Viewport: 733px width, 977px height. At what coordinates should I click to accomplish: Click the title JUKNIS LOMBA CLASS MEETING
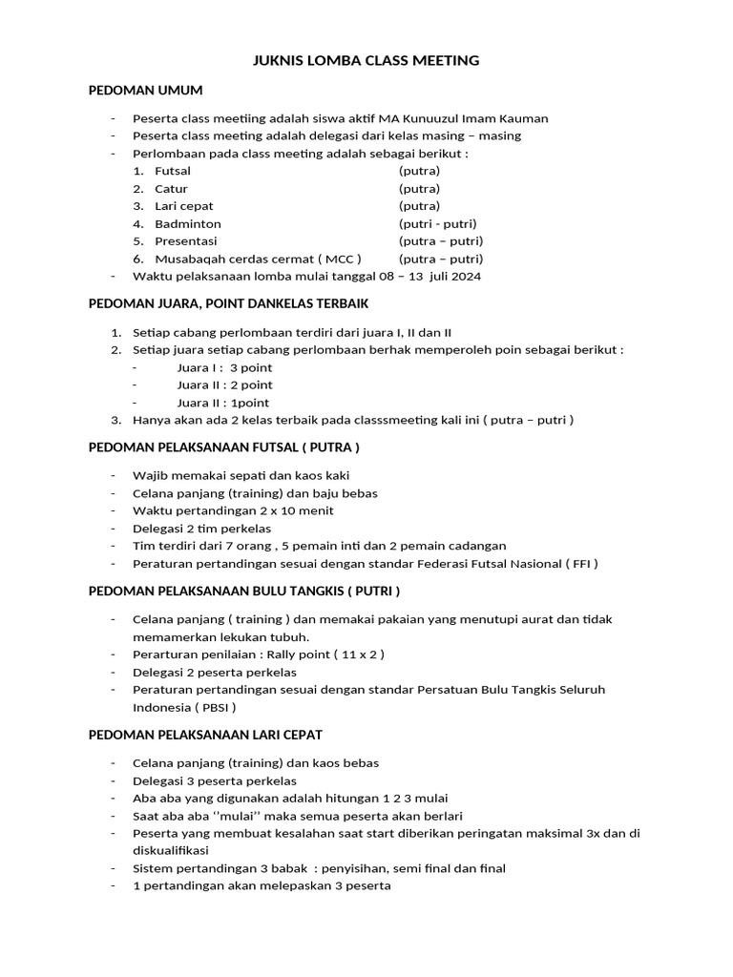(366, 61)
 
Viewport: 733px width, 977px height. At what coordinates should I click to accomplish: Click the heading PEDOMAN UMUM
(145, 90)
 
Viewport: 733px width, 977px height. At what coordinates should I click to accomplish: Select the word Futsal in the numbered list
(173, 171)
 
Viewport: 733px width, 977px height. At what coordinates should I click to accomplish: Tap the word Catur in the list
(171, 189)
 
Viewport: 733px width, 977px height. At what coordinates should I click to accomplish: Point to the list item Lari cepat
(184, 206)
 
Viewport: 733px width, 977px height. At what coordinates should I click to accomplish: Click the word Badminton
(188, 224)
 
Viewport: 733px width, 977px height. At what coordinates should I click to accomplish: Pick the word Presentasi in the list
(186, 241)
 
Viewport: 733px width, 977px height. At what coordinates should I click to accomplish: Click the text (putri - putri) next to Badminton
(437, 224)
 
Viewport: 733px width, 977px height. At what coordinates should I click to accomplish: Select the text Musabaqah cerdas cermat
(237, 259)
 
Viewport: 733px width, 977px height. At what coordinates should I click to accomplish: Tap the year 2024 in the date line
(466, 277)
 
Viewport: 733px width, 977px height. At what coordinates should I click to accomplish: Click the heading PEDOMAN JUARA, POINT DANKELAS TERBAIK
(228, 303)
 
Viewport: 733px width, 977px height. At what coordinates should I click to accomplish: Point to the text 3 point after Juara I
(251, 367)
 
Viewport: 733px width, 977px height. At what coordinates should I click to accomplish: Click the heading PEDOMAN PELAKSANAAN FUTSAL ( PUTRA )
(223, 447)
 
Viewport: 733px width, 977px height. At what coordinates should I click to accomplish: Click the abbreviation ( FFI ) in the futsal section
(580, 564)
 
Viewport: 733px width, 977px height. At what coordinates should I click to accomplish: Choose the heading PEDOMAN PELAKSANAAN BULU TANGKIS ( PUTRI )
(243, 591)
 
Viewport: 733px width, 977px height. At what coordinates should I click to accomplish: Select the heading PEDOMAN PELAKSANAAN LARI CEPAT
(205, 735)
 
